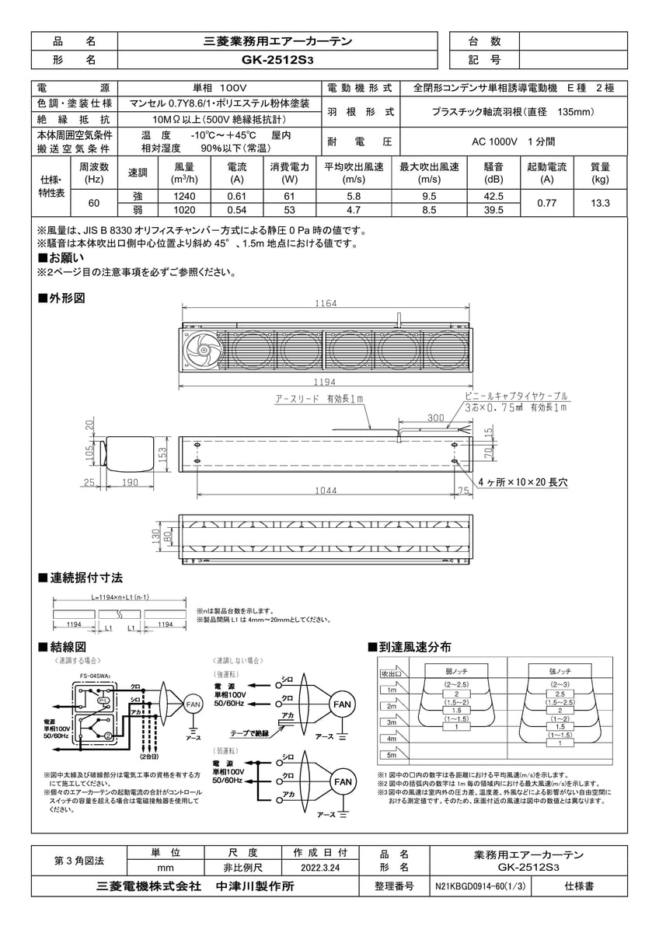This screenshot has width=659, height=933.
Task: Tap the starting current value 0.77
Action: click(x=546, y=203)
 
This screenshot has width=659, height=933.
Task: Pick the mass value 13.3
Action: click(x=599, y=203)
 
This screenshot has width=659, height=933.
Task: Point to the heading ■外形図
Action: click(x=61, y=299)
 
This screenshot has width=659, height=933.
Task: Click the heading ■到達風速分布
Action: click(x=409, y=647)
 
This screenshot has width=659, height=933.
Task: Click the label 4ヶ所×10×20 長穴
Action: click(x=522, y=483)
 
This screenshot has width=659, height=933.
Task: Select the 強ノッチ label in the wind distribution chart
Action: click(x=554, y=669)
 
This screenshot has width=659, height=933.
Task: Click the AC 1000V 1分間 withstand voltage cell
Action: click(x=512, y=142)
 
